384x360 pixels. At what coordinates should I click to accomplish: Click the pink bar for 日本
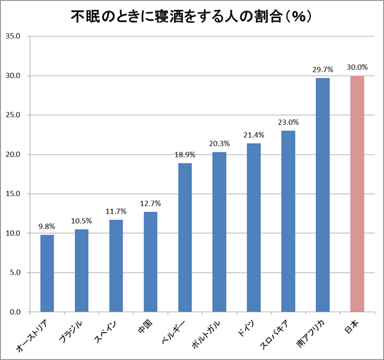[357, 194]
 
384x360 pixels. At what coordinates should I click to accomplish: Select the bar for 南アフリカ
[323, 195]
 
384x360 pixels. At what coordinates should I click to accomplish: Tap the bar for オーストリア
[47, 273]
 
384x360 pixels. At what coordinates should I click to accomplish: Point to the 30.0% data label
[357, 68]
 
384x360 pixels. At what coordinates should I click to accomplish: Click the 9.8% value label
[47, 227]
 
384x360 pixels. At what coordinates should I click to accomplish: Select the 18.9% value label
[185, 155]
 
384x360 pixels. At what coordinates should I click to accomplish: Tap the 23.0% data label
[289, 123]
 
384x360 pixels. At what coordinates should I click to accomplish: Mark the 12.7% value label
[151, 204]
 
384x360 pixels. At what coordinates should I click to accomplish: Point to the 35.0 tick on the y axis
[13, 37]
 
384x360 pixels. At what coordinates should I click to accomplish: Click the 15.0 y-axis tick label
[13, 194]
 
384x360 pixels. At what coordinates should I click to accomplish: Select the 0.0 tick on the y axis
[15, 312]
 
